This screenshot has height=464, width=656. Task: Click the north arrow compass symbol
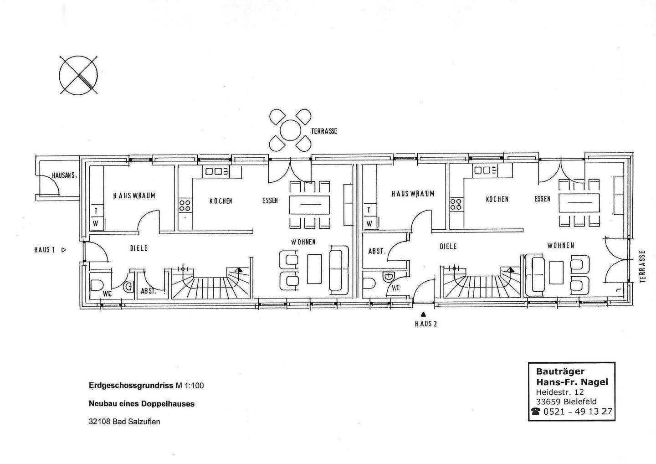point(78,75)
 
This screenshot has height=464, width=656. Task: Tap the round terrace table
point(290,131)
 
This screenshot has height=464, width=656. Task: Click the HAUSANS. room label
point(64,176)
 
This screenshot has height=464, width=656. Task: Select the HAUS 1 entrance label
point(45,250)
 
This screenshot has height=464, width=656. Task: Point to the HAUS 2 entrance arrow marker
point(423,314)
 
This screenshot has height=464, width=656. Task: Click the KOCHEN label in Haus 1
point(221,201)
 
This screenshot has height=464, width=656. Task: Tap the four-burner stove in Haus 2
point(456,205)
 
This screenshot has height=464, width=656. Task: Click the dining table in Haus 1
point(310,205)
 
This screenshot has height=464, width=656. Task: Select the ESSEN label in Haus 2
point(543,199)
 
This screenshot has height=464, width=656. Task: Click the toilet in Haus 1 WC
point(97,285)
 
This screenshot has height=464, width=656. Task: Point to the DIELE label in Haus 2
point(448,247)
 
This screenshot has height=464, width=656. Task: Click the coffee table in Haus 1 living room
point(314,269)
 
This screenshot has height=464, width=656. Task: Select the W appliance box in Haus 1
point(96,223)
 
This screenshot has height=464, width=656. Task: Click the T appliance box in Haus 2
point(369,210)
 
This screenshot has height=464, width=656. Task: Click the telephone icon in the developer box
point(536,412)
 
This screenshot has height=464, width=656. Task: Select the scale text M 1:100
point(190,386)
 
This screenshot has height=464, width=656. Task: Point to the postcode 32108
point(100,422)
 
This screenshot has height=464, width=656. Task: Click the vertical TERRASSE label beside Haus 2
point(643,266)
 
